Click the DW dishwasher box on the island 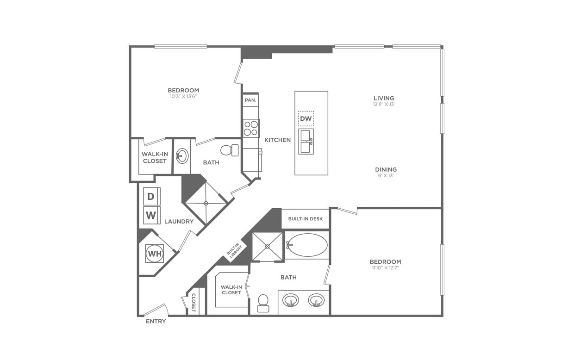click(306, 118)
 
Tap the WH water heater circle click(154, 254)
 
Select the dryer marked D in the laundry click(151, 196)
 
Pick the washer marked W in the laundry click(151, 215)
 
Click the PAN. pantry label click(250, 100)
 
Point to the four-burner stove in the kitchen click(251, 128)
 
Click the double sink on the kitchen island click(306, 142)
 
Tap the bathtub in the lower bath click(306, 245)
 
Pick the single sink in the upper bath click(182, 156)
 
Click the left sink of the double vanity click(291, 300)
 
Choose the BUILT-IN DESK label click(306, 219)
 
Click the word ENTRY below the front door click(156, 321)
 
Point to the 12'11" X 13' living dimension click(384, 105)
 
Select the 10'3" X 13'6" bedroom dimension click(183, 97)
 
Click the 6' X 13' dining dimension click(386, 176)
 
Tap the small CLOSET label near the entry click(194, 302)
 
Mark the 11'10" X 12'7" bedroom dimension click(385, 268)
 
